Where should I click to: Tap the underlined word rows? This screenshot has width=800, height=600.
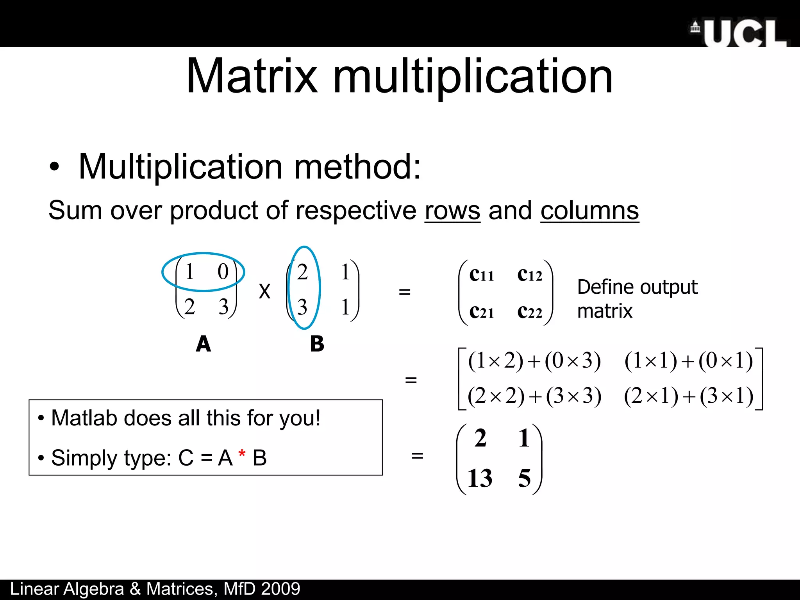(452, 211)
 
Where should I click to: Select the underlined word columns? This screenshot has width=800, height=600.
(589, 211)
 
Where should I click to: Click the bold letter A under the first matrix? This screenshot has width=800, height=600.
(203, 344)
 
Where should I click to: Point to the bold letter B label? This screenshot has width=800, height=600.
(317, 344)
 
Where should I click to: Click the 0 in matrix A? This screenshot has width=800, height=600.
(223, 271)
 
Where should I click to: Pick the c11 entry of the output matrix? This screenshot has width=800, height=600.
(481, 275)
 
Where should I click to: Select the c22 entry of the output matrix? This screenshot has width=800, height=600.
(530, 312)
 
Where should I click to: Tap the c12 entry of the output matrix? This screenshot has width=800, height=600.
(530, 275)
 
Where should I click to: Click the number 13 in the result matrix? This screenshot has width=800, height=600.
(480, 478)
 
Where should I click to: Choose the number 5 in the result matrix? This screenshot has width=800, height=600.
(524, 478)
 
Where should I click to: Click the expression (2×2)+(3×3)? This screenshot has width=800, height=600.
(534, 396)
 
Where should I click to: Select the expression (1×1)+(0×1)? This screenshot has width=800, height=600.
(688, 361)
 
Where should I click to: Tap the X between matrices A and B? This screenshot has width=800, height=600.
(264, 291)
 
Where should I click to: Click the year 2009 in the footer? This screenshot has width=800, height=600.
(280, 589)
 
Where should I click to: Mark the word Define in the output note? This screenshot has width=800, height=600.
(607, 287)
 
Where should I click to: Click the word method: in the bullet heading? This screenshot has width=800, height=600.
(357, 167)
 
